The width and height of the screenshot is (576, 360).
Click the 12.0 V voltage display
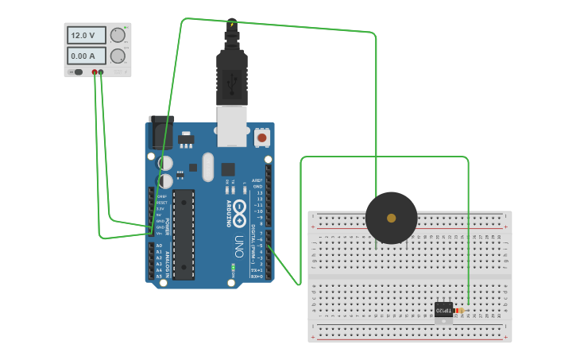pos(87,36)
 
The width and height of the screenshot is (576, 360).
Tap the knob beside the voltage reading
pos(118,35)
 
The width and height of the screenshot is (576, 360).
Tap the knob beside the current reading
pos(118,56)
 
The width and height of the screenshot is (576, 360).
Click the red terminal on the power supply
pos(95,72)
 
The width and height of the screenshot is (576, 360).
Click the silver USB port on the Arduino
pos(232,126)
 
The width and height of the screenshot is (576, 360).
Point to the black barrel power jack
pos(162,130)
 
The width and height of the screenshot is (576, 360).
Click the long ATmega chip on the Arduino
pos(184,234)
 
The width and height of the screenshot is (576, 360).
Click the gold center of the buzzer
pos(391,218)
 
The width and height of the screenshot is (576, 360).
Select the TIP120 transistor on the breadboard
pos(443,310)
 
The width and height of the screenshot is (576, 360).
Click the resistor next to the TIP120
pos(459,310)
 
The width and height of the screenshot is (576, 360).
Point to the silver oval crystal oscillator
pos(208,167)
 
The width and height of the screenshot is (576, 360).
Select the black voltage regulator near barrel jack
pos(186,140)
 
